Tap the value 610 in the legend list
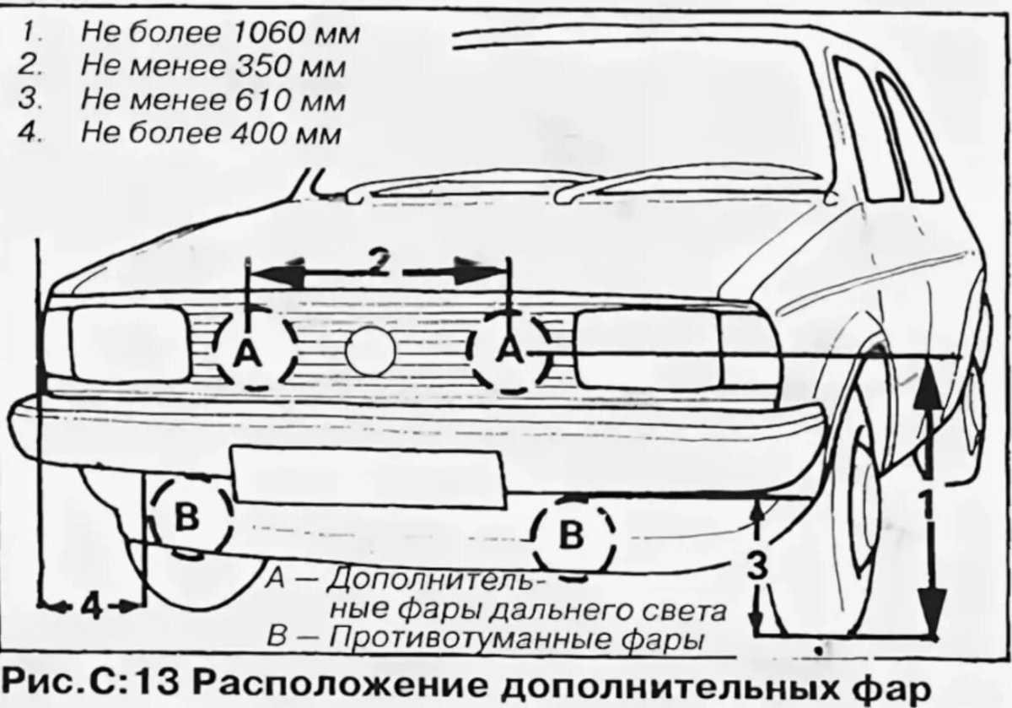tap(257, 101)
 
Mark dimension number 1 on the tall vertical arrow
tap(926, 505)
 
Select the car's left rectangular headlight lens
tap(129, 344)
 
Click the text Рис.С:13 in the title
tap(84, 681)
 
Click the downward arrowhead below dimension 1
tap(931, 613)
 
